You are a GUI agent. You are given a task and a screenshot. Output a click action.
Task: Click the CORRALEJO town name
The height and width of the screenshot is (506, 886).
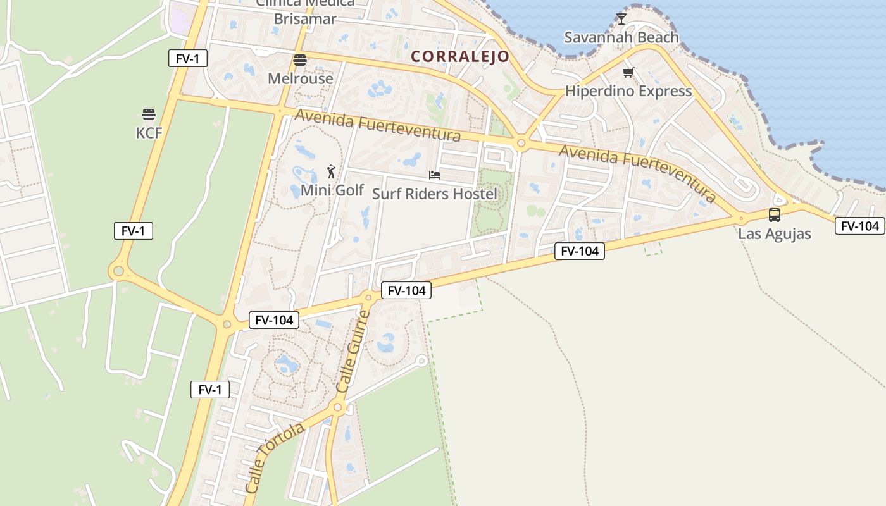460,56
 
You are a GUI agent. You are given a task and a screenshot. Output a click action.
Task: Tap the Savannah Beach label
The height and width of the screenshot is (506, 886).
621,37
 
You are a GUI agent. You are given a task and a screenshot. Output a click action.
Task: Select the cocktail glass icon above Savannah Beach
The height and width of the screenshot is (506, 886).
621,19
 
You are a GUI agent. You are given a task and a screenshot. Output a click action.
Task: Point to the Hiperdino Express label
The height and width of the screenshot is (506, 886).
628,91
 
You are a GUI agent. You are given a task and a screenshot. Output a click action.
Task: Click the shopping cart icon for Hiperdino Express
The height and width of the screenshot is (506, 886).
628,73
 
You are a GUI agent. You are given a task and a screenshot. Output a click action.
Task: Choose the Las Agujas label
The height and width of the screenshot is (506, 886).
774,234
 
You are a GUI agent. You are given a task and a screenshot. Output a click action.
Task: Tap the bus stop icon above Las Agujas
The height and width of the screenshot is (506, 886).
774,215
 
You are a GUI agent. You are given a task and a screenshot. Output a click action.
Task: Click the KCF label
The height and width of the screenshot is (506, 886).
149,133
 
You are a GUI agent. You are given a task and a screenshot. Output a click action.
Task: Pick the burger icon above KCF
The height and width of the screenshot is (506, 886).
149,114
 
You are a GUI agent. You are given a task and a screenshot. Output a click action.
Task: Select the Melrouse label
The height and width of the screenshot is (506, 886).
300,79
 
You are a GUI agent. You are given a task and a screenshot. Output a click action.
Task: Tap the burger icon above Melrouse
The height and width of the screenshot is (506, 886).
300,60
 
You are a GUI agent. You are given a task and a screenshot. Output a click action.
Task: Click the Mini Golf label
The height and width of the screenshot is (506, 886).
332,190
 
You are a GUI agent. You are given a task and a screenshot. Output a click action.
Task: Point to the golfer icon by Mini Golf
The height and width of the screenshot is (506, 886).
330,171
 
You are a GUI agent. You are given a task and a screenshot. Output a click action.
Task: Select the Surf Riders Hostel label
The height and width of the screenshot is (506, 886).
435,194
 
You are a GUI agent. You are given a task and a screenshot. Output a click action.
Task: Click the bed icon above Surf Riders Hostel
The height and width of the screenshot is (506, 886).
435,175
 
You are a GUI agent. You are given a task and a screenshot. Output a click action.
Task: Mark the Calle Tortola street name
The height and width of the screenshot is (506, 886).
274,458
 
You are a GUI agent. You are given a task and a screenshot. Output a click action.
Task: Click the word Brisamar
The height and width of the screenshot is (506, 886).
304,19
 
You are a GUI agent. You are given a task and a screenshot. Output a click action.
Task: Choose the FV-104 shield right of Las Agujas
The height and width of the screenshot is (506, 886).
859,226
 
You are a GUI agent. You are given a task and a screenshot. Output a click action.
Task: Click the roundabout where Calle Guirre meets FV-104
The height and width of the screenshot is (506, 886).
368,296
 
